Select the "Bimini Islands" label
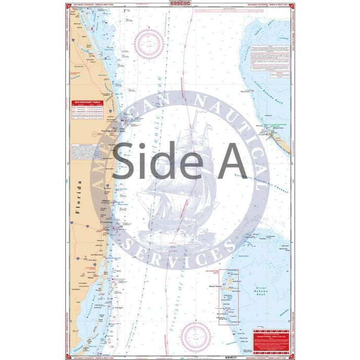[228, 286]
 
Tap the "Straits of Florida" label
[181, 292]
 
